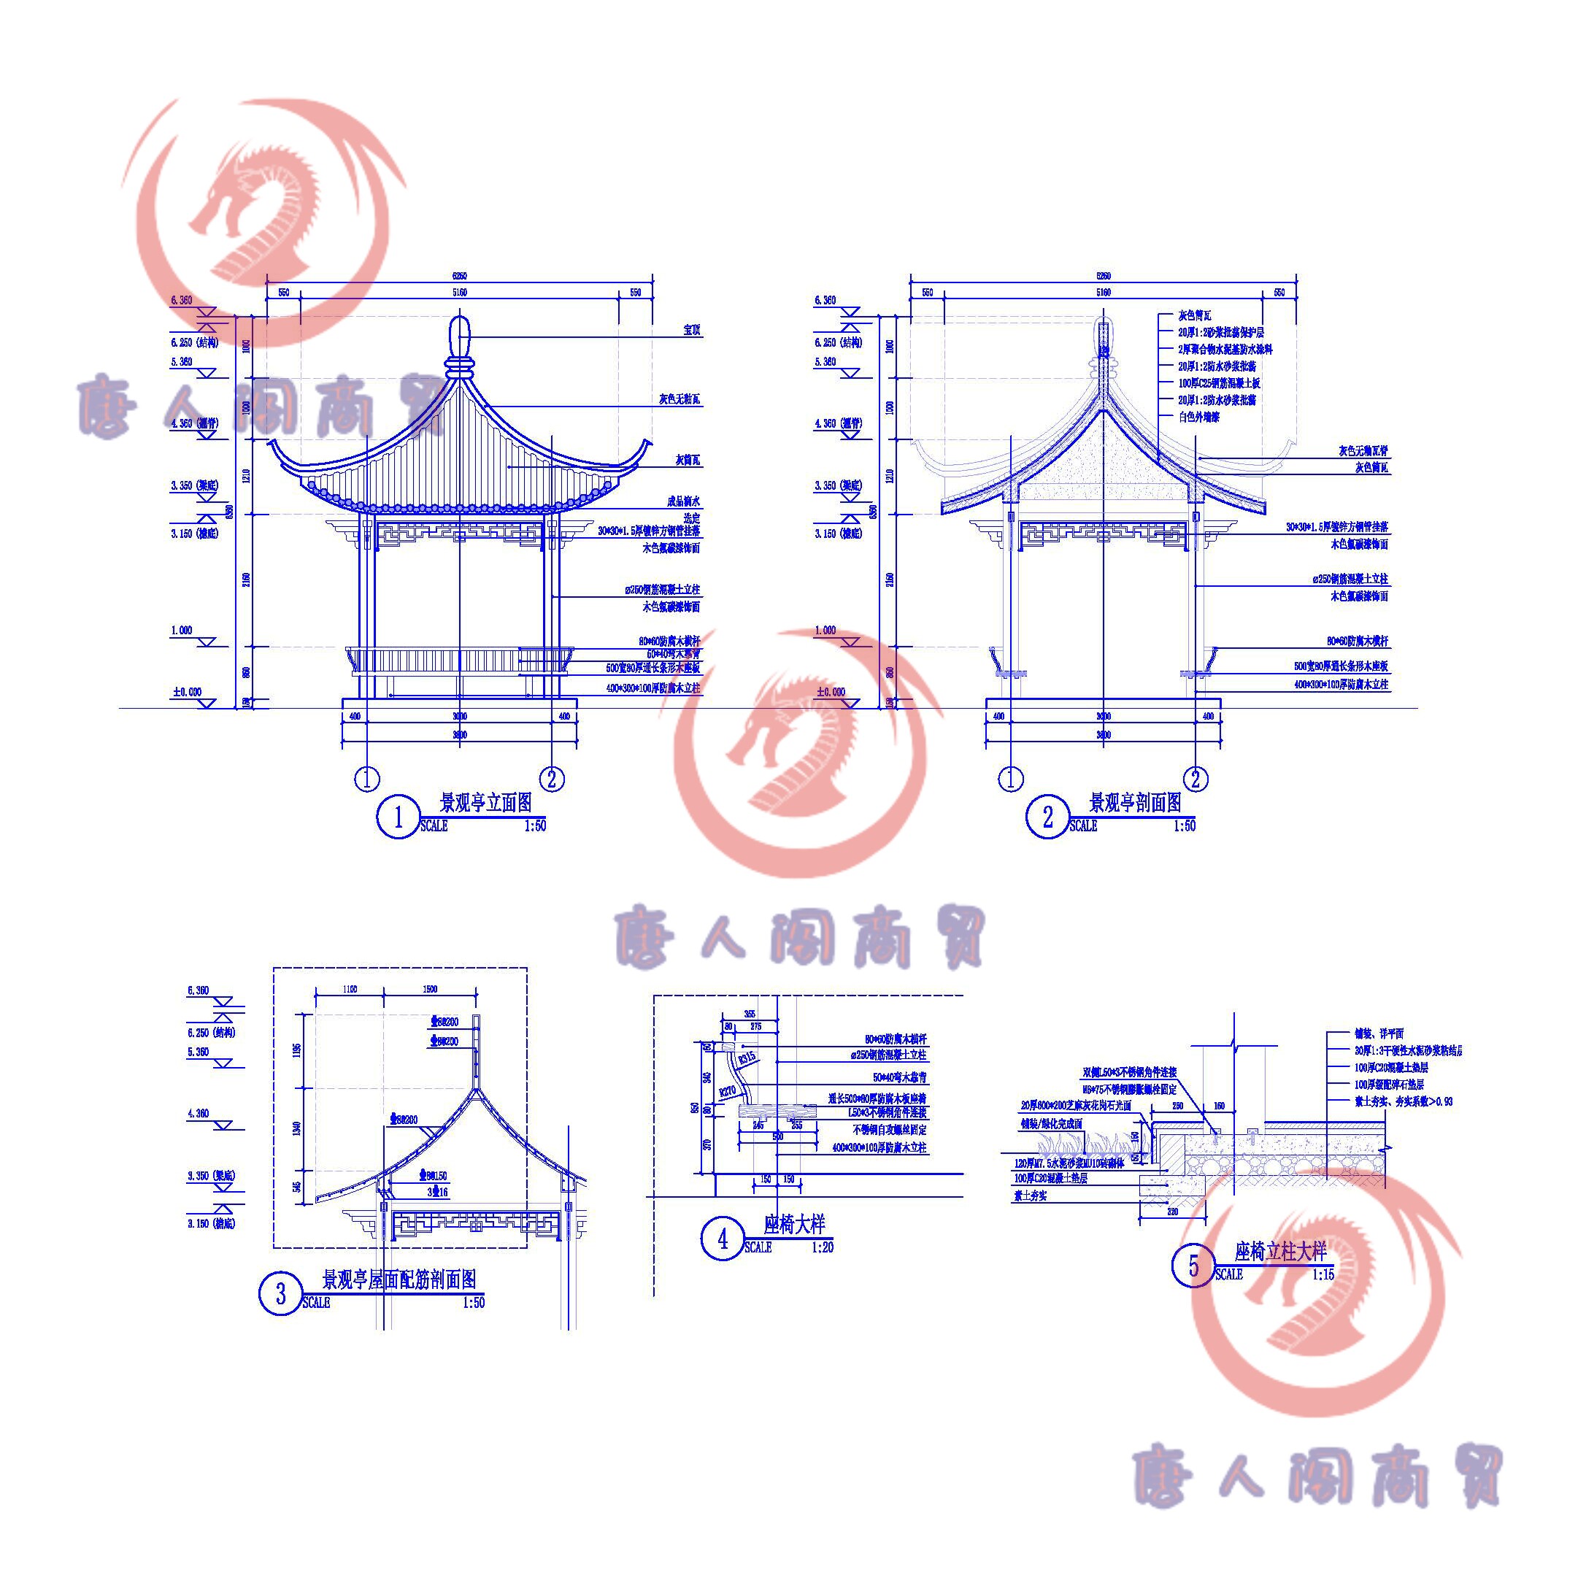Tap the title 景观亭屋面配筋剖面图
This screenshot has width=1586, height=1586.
tap(399, 1279)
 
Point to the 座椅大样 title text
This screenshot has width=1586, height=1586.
tap(794, 1225)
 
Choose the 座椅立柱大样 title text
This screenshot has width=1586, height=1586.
tap(1281, 1252)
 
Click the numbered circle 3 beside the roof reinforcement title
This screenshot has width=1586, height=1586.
tap(281, 1295)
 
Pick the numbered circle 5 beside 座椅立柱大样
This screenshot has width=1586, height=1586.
tap(1193, 1266)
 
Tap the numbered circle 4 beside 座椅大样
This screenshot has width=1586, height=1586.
tap(723, 1239)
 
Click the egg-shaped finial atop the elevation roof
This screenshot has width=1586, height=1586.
tap(460, 334)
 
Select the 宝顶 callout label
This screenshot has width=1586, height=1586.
tap(691, 330)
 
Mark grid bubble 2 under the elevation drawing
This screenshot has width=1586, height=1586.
tap(552, 778)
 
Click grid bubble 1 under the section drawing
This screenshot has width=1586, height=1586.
tap(1011, 778)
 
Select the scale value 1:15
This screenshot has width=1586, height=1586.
tap(1323, 1275)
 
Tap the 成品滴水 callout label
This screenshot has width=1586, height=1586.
tap(683, 501)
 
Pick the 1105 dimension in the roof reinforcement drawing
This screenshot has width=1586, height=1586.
tap(349, 989)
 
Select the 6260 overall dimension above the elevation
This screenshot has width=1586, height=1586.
tap(460, 277)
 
